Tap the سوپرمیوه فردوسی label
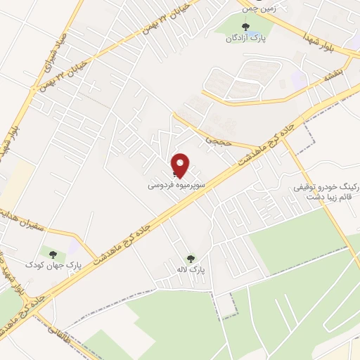(167, 187)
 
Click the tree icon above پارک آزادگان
(245, 27)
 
